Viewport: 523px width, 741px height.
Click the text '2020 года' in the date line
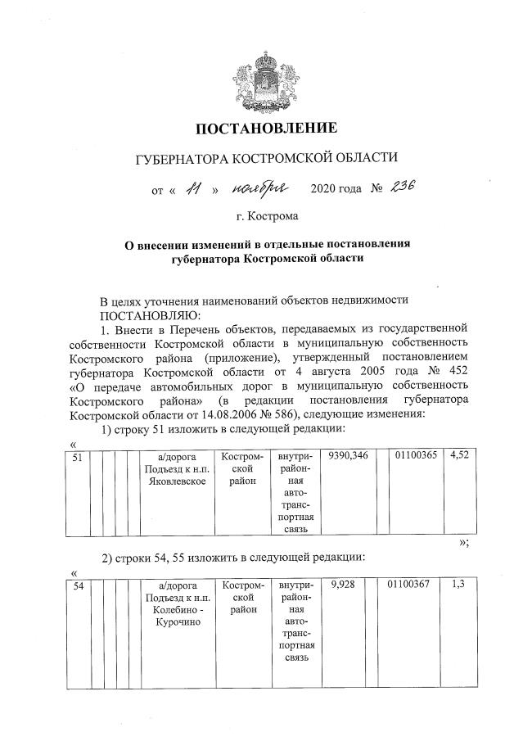336,190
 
